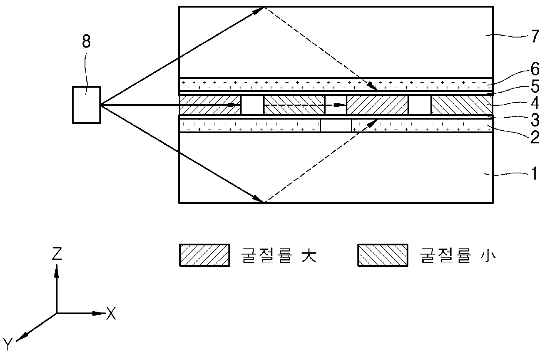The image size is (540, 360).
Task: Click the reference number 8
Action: coord(86,42)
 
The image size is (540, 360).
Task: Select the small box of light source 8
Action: coord(87,104)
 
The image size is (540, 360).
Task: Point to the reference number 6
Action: coord(534,69)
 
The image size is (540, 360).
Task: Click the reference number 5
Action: coord(534,87)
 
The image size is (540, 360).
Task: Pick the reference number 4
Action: coord(534,104)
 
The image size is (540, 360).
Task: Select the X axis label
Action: coord(112,314)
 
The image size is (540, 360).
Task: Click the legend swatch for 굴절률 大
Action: coord(204,255)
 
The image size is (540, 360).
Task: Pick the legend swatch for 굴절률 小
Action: coord(383,255)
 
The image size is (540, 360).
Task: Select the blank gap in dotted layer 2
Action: coord(336,126)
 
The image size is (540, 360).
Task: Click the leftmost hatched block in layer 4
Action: coord(210,105)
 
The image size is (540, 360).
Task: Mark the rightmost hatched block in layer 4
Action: coord(462,105)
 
